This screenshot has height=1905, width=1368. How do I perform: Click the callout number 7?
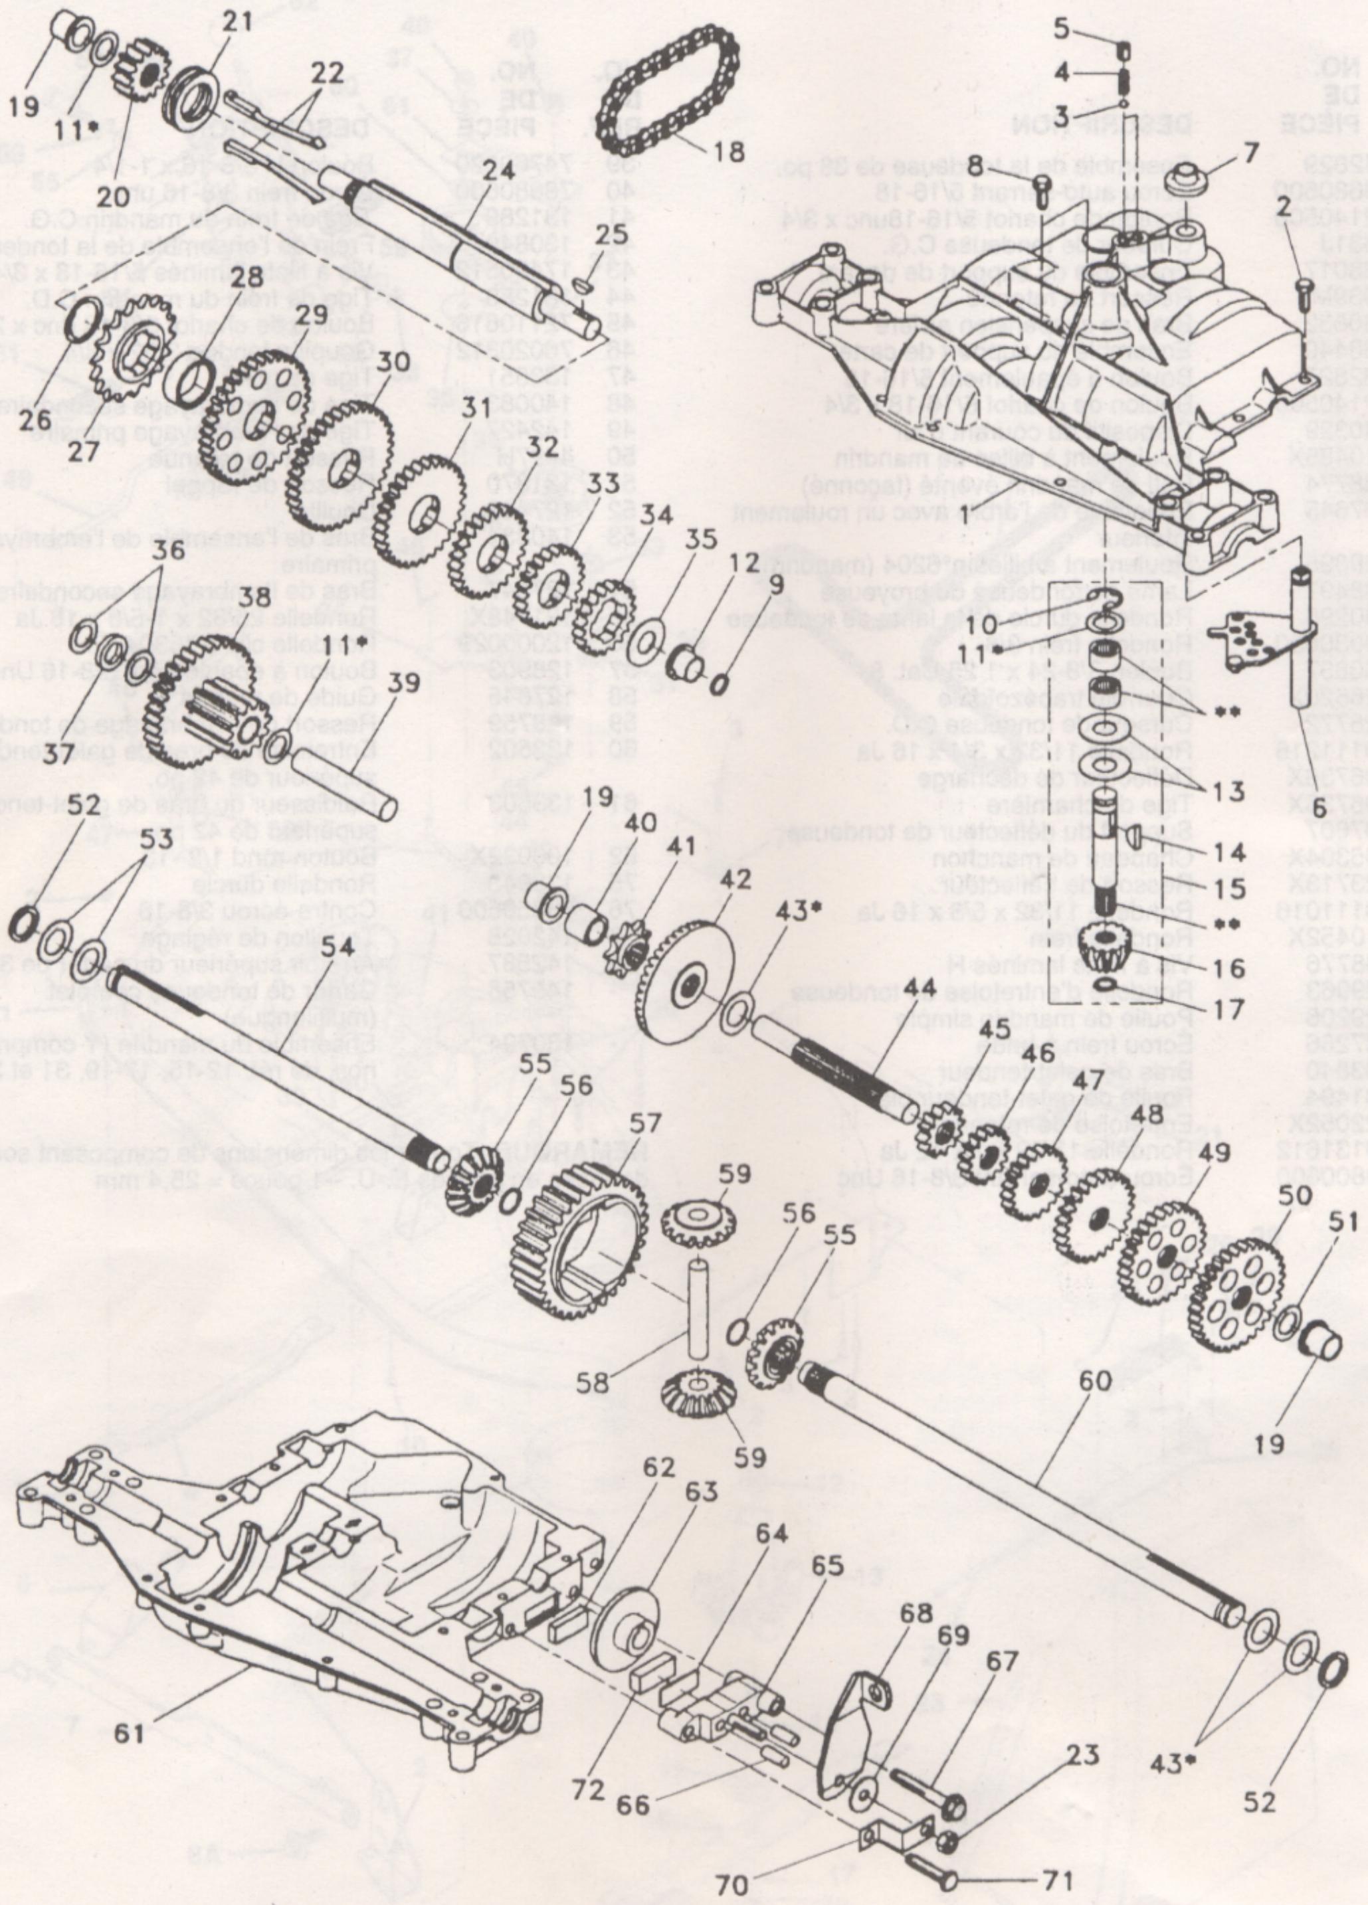[x=1251, y=153]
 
